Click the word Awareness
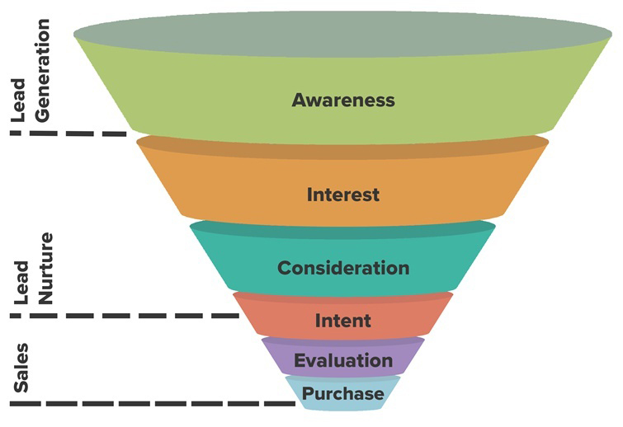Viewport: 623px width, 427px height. (x=343, y=101)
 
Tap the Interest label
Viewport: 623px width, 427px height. (x=343, y=195)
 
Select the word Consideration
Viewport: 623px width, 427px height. (x=343, y=268)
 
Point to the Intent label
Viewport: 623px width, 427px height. (x=343, y=321)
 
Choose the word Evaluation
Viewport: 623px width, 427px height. (x=343, y=360)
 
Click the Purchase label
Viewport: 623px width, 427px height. (x=343, y=394)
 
